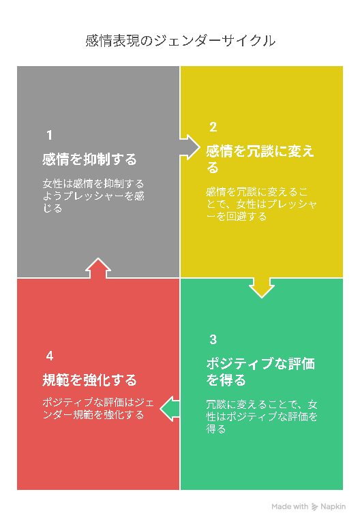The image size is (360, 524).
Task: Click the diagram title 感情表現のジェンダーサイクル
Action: click(x=180, y=41)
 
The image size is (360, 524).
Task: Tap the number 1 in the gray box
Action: click(x=50, y=136)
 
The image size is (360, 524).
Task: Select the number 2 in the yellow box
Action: click(x=213, y=127)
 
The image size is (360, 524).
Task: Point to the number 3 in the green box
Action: click(x=213, y=339)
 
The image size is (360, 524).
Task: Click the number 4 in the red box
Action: click(x=50, y=356)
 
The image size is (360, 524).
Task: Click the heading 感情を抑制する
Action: click(x=89, y=159)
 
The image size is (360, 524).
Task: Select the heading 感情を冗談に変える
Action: click(x=260, y=159)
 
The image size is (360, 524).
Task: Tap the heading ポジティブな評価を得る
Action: click(x=260, y=371)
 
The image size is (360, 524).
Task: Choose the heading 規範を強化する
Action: click(x=89, y=380)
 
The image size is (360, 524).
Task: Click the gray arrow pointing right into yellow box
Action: click(x=190, y=147)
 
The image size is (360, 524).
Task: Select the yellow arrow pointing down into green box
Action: click(x=262, y=288)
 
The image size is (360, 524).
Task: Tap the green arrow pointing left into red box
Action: click(x=170, y=409)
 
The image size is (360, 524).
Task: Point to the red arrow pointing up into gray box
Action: click(x=98, y=268)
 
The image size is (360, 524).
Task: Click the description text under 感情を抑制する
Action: click(x=93, y=196)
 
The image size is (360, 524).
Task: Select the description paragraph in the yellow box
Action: click(x=261, y=204)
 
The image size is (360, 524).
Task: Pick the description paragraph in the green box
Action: click(x=262, y=416)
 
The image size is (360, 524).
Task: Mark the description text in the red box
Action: click(x=98, y=408)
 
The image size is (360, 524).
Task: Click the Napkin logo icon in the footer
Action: click(x=314, y=506)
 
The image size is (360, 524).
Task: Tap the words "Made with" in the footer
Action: click(x=290, y=506)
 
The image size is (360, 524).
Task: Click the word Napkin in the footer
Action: click(x=333, y=506)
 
